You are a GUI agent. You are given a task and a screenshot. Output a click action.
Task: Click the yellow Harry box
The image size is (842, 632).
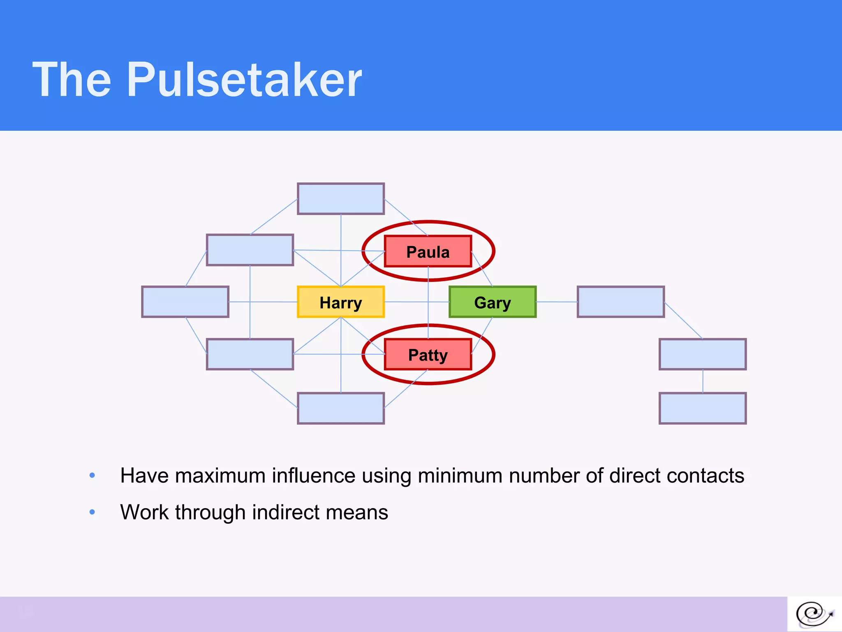(x=341, y=302)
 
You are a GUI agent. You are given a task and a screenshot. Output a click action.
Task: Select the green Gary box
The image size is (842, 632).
(x=493, y=302)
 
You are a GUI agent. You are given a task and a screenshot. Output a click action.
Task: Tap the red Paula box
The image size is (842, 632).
(x=428, y=251)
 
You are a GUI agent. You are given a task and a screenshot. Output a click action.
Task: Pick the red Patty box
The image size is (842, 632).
(x=428, y=354)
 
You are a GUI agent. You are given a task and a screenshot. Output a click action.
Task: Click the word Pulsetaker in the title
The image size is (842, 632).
(x=244, y=79)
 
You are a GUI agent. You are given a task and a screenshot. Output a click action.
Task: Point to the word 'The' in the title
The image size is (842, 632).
(x=72, y=79)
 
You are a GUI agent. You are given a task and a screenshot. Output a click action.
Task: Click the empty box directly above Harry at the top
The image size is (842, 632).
(x=341, y=199)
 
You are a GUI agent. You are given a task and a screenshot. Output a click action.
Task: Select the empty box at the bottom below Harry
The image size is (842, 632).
(x=341, y=408)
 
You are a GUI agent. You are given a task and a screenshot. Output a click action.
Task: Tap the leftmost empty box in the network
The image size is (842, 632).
(x=185, y=302)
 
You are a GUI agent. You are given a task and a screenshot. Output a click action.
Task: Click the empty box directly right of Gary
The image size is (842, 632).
(x=621, y=302)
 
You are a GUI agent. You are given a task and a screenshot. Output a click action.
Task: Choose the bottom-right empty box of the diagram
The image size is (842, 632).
(x=703, y=408)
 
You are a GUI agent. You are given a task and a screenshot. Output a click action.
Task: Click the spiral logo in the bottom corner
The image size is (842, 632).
(x=814, y=614)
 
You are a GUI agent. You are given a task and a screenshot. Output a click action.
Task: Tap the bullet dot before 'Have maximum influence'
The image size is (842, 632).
(x=92, y=476)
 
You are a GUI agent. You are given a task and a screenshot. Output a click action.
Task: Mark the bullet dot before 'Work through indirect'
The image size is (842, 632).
(x=92, y=512)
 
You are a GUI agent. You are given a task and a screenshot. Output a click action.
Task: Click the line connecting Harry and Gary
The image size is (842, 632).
(x=407, y=302)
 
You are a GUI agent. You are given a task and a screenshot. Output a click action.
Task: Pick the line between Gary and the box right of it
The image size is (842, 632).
(x=557, y=302)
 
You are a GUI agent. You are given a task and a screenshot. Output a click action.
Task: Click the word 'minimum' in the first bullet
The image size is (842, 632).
(x=460, y=476)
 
